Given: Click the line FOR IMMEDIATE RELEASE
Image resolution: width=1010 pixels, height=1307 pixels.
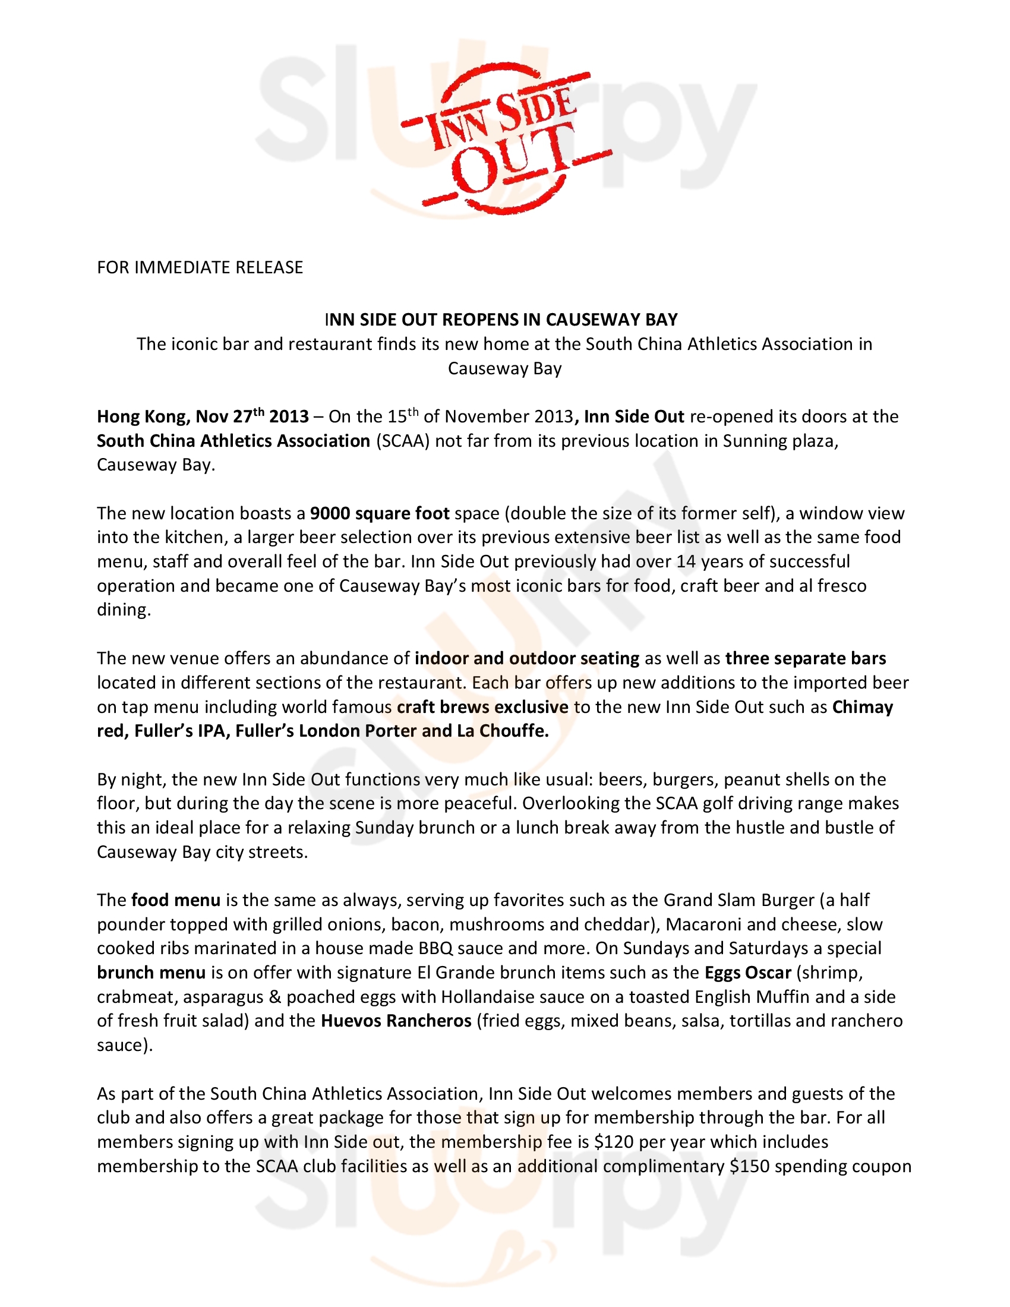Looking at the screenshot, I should point(200,267).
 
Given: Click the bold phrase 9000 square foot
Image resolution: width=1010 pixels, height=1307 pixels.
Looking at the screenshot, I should point(380,513).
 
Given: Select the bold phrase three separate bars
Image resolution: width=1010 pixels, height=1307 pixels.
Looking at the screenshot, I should point(806,658).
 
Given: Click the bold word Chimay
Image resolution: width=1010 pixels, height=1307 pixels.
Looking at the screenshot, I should point(862,707).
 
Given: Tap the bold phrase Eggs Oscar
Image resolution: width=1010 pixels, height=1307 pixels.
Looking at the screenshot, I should point(748,973).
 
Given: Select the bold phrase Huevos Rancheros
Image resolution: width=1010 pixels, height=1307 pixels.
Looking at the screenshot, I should point(396,1020).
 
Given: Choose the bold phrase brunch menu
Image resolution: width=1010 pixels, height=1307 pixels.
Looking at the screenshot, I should point(151,973).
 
